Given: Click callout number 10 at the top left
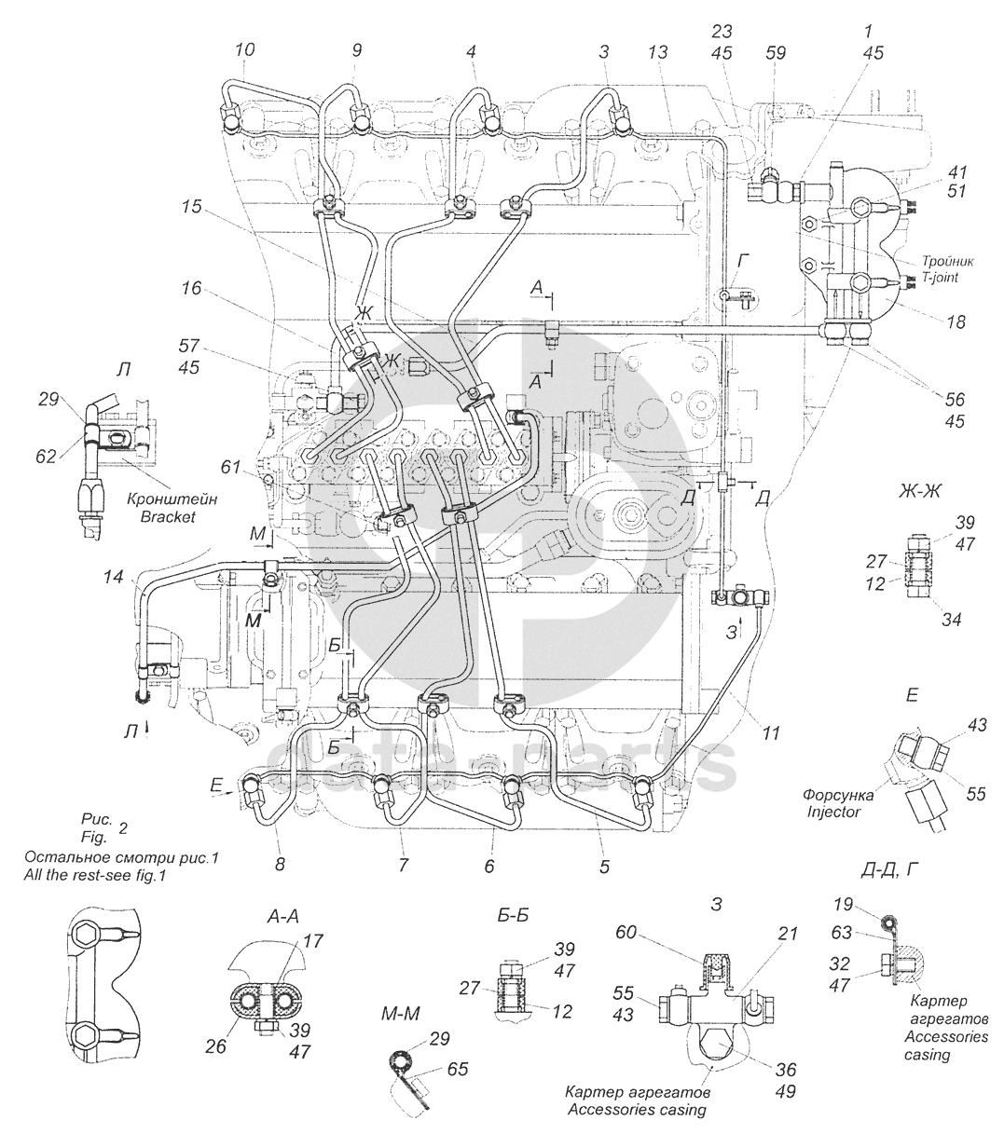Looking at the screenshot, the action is pos(244,49).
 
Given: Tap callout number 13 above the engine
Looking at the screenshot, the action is pos(658,52).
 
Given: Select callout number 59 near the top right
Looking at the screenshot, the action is pos(776,53).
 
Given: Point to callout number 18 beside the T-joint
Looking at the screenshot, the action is pos(956,321).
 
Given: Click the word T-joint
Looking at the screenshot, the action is pos(941,277).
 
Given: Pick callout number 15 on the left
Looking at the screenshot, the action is pos(191,207).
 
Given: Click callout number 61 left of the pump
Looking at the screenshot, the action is pos(230,466).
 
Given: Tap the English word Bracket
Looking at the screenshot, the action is pos(168,516).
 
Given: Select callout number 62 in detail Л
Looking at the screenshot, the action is pos(46,457).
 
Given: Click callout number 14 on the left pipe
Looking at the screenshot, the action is pos(113,576).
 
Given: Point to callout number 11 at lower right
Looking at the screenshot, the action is pos(771,732).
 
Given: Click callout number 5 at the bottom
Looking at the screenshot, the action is pos(604,867).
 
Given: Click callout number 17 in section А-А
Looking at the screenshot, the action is pos(313,941).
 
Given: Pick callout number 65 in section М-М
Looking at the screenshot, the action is pos(457,1069).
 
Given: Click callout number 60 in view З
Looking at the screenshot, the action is pos(626,932).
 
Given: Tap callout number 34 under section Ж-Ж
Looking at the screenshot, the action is pos(951,619).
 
